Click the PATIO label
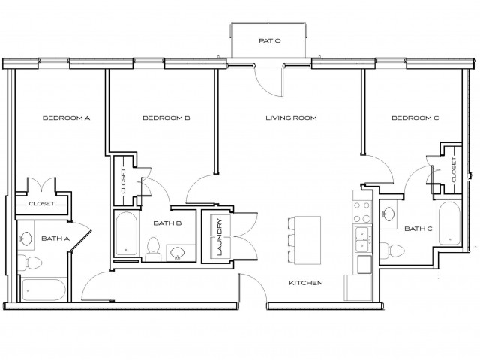[269, 41]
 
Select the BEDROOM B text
[166, 118]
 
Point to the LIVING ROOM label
[291, 118]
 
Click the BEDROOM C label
[415, 118]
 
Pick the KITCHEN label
[306, 283]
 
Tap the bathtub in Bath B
[125, 235]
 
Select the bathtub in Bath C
[449, 224]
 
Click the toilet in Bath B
[154, 248]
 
